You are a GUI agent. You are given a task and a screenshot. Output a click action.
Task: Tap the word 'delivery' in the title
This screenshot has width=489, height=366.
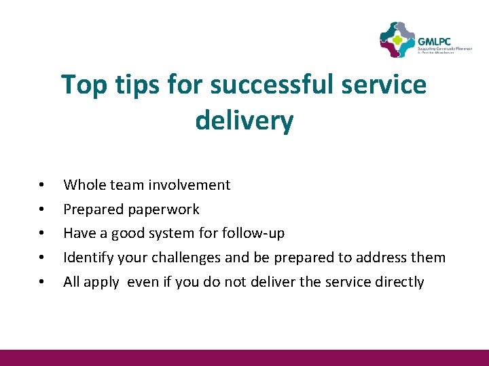tap(244, 121)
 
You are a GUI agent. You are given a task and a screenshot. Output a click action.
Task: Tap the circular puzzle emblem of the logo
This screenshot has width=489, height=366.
tap(397, 40)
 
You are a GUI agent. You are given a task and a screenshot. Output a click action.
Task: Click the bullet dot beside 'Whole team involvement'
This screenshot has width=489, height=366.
tap(42, 186)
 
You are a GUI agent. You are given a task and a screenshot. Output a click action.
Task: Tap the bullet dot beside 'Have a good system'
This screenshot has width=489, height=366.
tap(42, 234)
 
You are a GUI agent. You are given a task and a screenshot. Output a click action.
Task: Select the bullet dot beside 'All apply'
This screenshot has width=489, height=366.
tap(42, 283)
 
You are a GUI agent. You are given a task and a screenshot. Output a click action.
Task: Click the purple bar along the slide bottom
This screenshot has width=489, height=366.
tap(244, 357)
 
